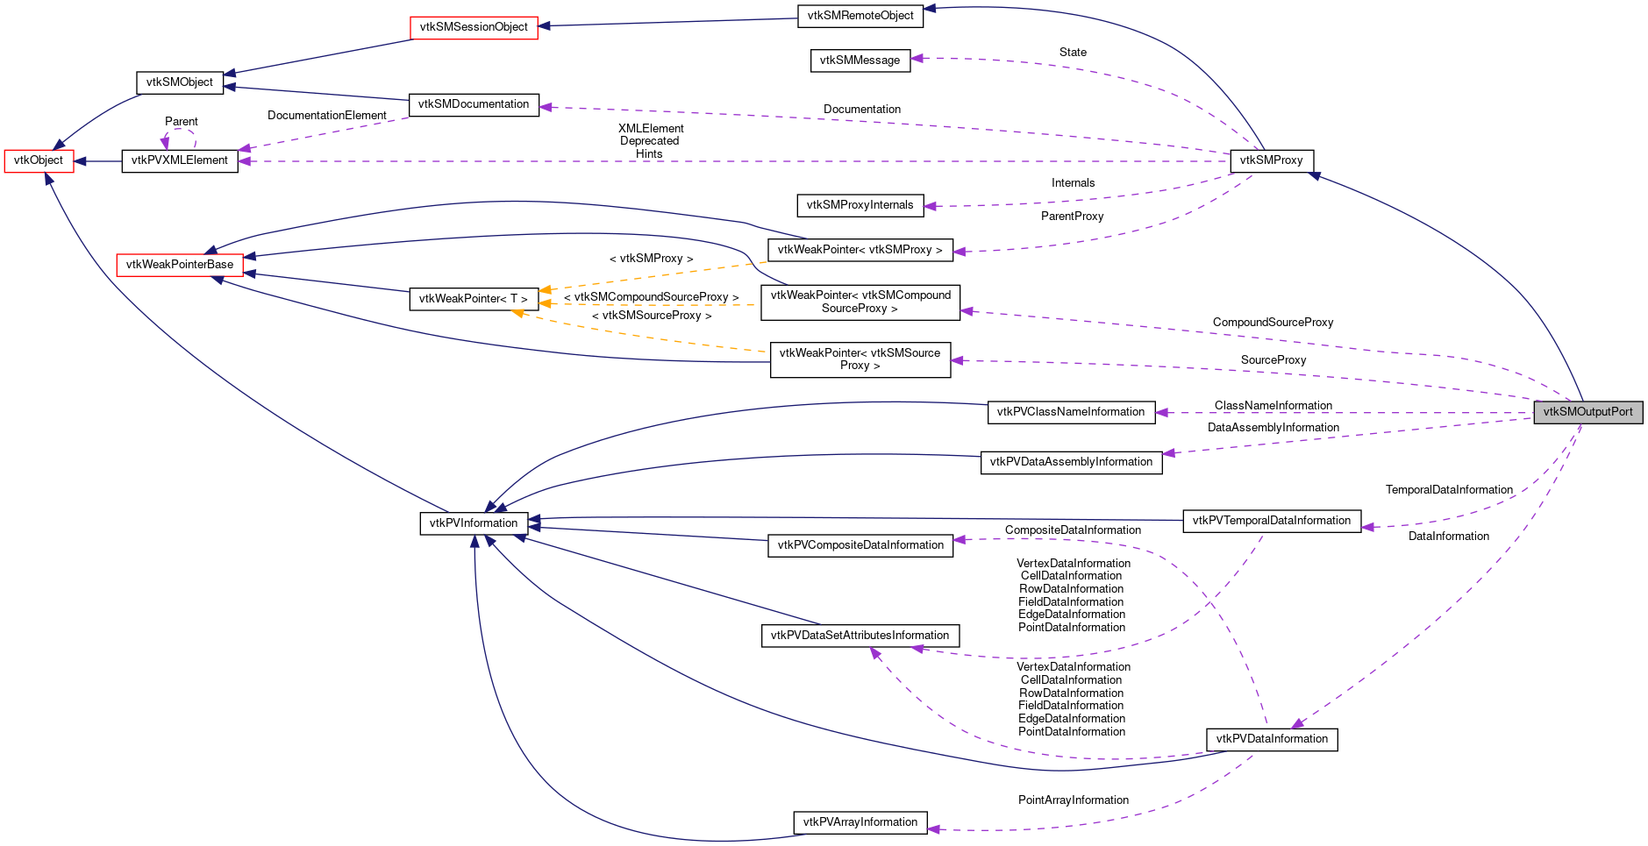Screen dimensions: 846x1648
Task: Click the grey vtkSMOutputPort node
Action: point(1587,412)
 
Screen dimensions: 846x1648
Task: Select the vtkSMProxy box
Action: point(1271,160)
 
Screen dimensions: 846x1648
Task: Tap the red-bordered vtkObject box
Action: point(39,160)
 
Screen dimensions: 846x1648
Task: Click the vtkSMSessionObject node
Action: point(474,27)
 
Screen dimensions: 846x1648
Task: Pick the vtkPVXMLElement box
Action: point(179,160)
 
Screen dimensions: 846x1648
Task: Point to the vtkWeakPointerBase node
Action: point(180,265)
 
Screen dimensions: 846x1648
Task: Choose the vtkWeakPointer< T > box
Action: point(473,299)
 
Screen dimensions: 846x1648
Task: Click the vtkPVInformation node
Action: point(474,523)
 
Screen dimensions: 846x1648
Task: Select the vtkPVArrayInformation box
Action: point(860,822)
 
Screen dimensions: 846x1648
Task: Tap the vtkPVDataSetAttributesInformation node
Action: point(860,636)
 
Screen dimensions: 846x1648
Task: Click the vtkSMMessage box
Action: point(860,60)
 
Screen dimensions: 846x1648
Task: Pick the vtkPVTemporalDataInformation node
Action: point(1271,521)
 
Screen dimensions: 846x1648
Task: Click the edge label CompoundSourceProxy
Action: point(1273,323)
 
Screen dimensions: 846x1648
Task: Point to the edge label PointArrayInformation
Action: point(1073,800)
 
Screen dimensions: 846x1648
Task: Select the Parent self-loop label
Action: point(182,122)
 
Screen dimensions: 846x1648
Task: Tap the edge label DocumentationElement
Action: point(326,116)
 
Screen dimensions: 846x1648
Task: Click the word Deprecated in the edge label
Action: point(649,141)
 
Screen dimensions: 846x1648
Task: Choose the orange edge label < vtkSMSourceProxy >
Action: point(652,316)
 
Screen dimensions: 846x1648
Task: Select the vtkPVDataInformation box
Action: point(1271,739)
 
